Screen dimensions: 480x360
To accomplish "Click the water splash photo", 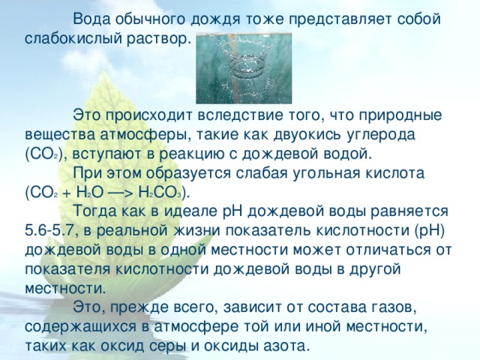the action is click(x=244, y=68).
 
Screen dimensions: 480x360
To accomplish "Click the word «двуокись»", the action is click(x=307, y=135).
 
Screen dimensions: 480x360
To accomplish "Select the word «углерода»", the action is click(x=381, y=135).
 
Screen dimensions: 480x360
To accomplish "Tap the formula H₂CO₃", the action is click(x=160, y=193).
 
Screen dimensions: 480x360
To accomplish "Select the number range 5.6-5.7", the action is click(x=50, y=231).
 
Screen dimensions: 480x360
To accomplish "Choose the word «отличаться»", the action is click(x=387, y=250).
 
